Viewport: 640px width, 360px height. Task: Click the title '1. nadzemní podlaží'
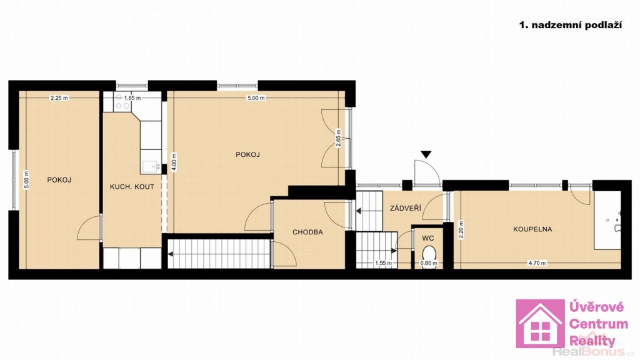[x=570, y=25]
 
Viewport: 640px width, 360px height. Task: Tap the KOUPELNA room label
[x=532, y=229]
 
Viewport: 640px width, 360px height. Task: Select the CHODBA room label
[x=307, y=232]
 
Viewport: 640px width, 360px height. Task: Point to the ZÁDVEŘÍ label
[x=405, y=208]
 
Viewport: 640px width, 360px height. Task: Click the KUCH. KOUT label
[x=132, y=187]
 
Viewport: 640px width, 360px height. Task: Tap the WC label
[x=428, y=238]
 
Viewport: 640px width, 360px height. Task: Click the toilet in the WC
[x=429, y=253]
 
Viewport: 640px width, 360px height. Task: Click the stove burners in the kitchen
[x=122, y=102]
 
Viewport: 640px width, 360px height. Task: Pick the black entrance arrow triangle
[x=426, y=154]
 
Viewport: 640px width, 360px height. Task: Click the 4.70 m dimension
[x=537, y=263]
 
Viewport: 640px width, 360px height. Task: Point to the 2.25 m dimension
[x=59, y=98]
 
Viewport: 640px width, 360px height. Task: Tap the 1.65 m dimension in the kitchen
[x=132, y=98]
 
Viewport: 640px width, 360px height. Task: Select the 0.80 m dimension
[x=429, y=263]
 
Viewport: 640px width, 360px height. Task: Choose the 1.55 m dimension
[x=383, y=263]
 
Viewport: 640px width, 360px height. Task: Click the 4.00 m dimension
[x=174, y=162]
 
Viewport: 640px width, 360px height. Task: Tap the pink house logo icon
[x=541, y=324]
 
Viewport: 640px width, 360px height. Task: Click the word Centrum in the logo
[x=598, y=324]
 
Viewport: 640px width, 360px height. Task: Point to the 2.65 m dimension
[x=338, y=138]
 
